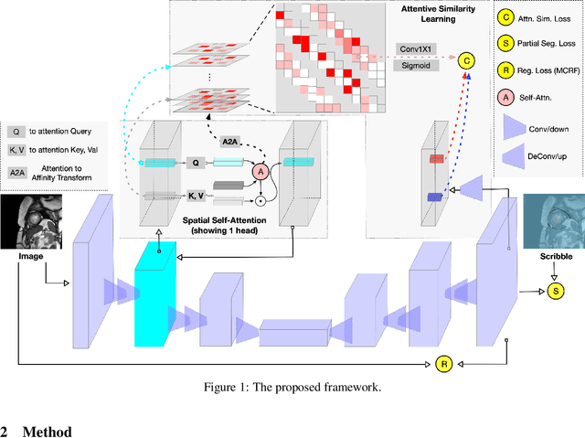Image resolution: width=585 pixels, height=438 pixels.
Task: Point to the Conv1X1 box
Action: [419, 48]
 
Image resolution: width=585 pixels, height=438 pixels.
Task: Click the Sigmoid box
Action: [419, 66]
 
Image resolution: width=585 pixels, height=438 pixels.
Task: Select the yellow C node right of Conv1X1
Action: [467, 60]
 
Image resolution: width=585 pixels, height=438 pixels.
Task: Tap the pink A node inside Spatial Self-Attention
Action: [261, 170]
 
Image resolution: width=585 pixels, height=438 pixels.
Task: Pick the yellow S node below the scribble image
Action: [555, 291]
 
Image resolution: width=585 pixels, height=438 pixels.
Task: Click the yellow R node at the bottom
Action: [442, 363]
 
